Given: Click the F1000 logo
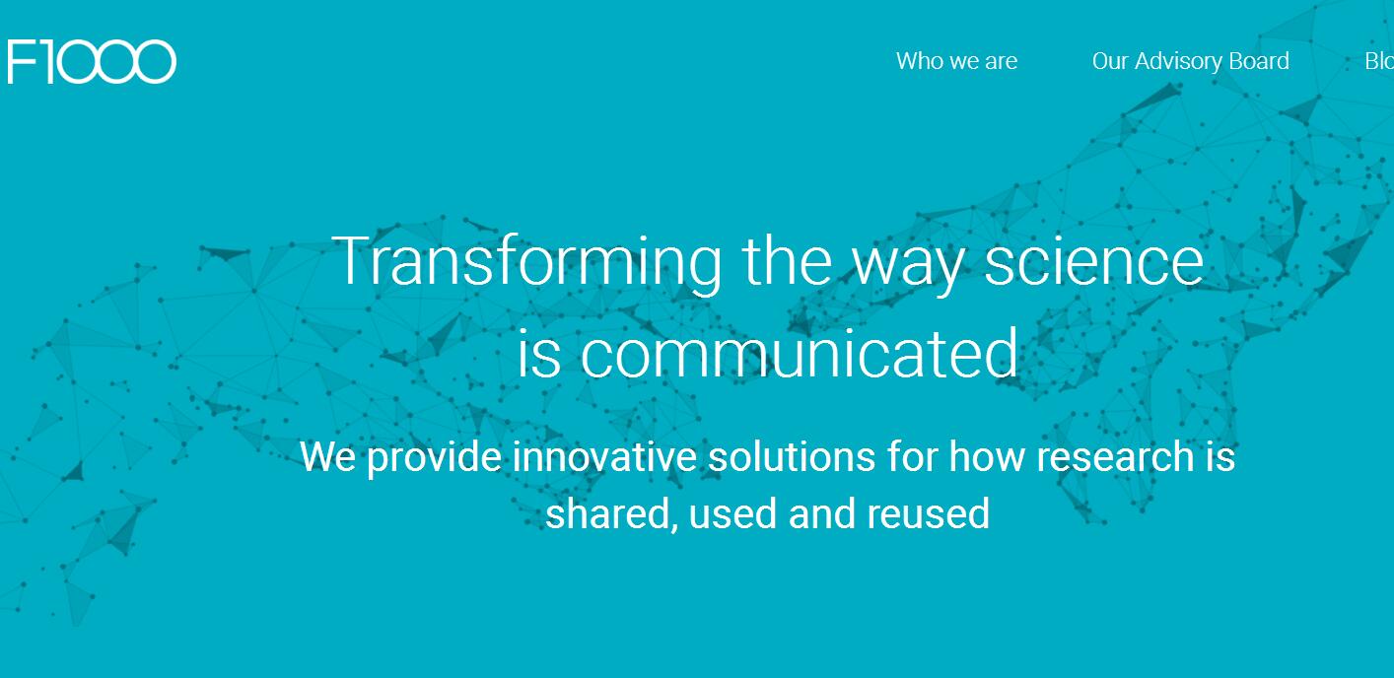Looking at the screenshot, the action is pyautogui.click(x=92, y=61).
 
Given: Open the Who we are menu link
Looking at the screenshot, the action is pyautogui.click(x=956, y=61).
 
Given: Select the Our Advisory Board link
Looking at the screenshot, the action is pyautogui.click(x=1191, y=61).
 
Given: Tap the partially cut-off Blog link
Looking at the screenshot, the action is pyautogui.click(x=1379, y=61).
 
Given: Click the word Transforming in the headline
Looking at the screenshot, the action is pyautogui.click(x=526, y=262).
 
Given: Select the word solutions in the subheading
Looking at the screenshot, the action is pyautogui.click(x=792, y=456).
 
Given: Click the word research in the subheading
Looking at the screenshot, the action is pyautogui.click(x=1114, y=456).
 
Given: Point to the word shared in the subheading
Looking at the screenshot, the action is pyautogui.click(x=612, y=513).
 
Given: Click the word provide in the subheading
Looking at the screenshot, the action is pyautogui.click(x=434, y=458).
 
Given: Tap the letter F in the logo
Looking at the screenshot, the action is pyautogui.click(x=23, y=61).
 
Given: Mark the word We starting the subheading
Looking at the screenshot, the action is pyautogui.click(x=327, y=456).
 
